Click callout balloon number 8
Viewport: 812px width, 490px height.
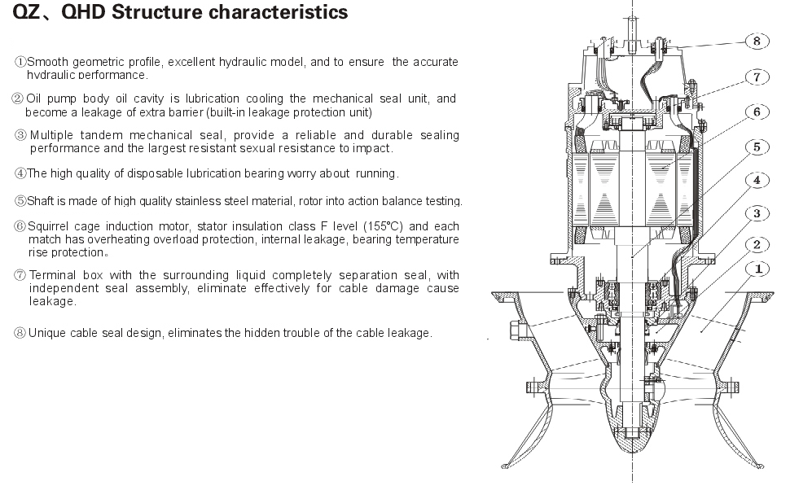pos(757,41)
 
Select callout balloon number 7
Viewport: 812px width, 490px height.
pos(757,77)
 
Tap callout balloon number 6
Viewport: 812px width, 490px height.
pos(757,112)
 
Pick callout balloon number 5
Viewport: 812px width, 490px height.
pos(757,147)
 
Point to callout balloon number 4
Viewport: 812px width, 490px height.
pos(757,180)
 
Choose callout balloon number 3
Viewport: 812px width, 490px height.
pos(757,213)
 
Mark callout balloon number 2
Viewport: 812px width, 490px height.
pos(757,244)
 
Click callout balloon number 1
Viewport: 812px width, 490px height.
pos(757,269)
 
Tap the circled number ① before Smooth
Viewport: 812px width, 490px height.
pos(20,62)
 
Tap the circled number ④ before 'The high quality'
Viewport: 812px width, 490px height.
pos(20,173)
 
